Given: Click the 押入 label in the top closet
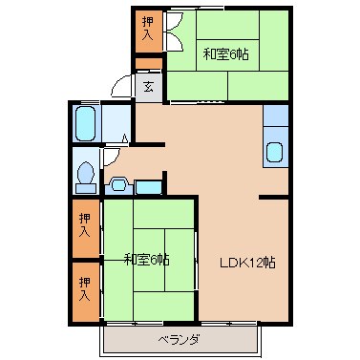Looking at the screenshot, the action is point(147,29).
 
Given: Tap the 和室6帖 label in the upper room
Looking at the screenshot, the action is point(226,54).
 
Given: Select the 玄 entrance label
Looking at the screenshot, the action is point(148,87).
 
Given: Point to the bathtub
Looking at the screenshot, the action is point(86,123).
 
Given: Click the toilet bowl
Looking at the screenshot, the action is point(86,173).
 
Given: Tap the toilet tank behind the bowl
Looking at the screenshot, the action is point(86,188).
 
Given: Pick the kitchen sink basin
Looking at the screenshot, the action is point(274,152).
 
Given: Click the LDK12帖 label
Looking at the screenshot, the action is point(247,263).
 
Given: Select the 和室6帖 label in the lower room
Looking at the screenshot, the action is point(146,260).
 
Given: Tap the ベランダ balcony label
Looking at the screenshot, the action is point(180,340).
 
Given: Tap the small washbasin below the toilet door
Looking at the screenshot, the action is point(118,185).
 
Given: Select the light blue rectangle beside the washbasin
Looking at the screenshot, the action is point(148,187).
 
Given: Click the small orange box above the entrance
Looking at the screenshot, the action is point(149,64).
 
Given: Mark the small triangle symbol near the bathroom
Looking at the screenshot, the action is point(125,138).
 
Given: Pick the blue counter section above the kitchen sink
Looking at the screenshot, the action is point(276,116).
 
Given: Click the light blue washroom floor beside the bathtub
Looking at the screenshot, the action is point(116,123).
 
